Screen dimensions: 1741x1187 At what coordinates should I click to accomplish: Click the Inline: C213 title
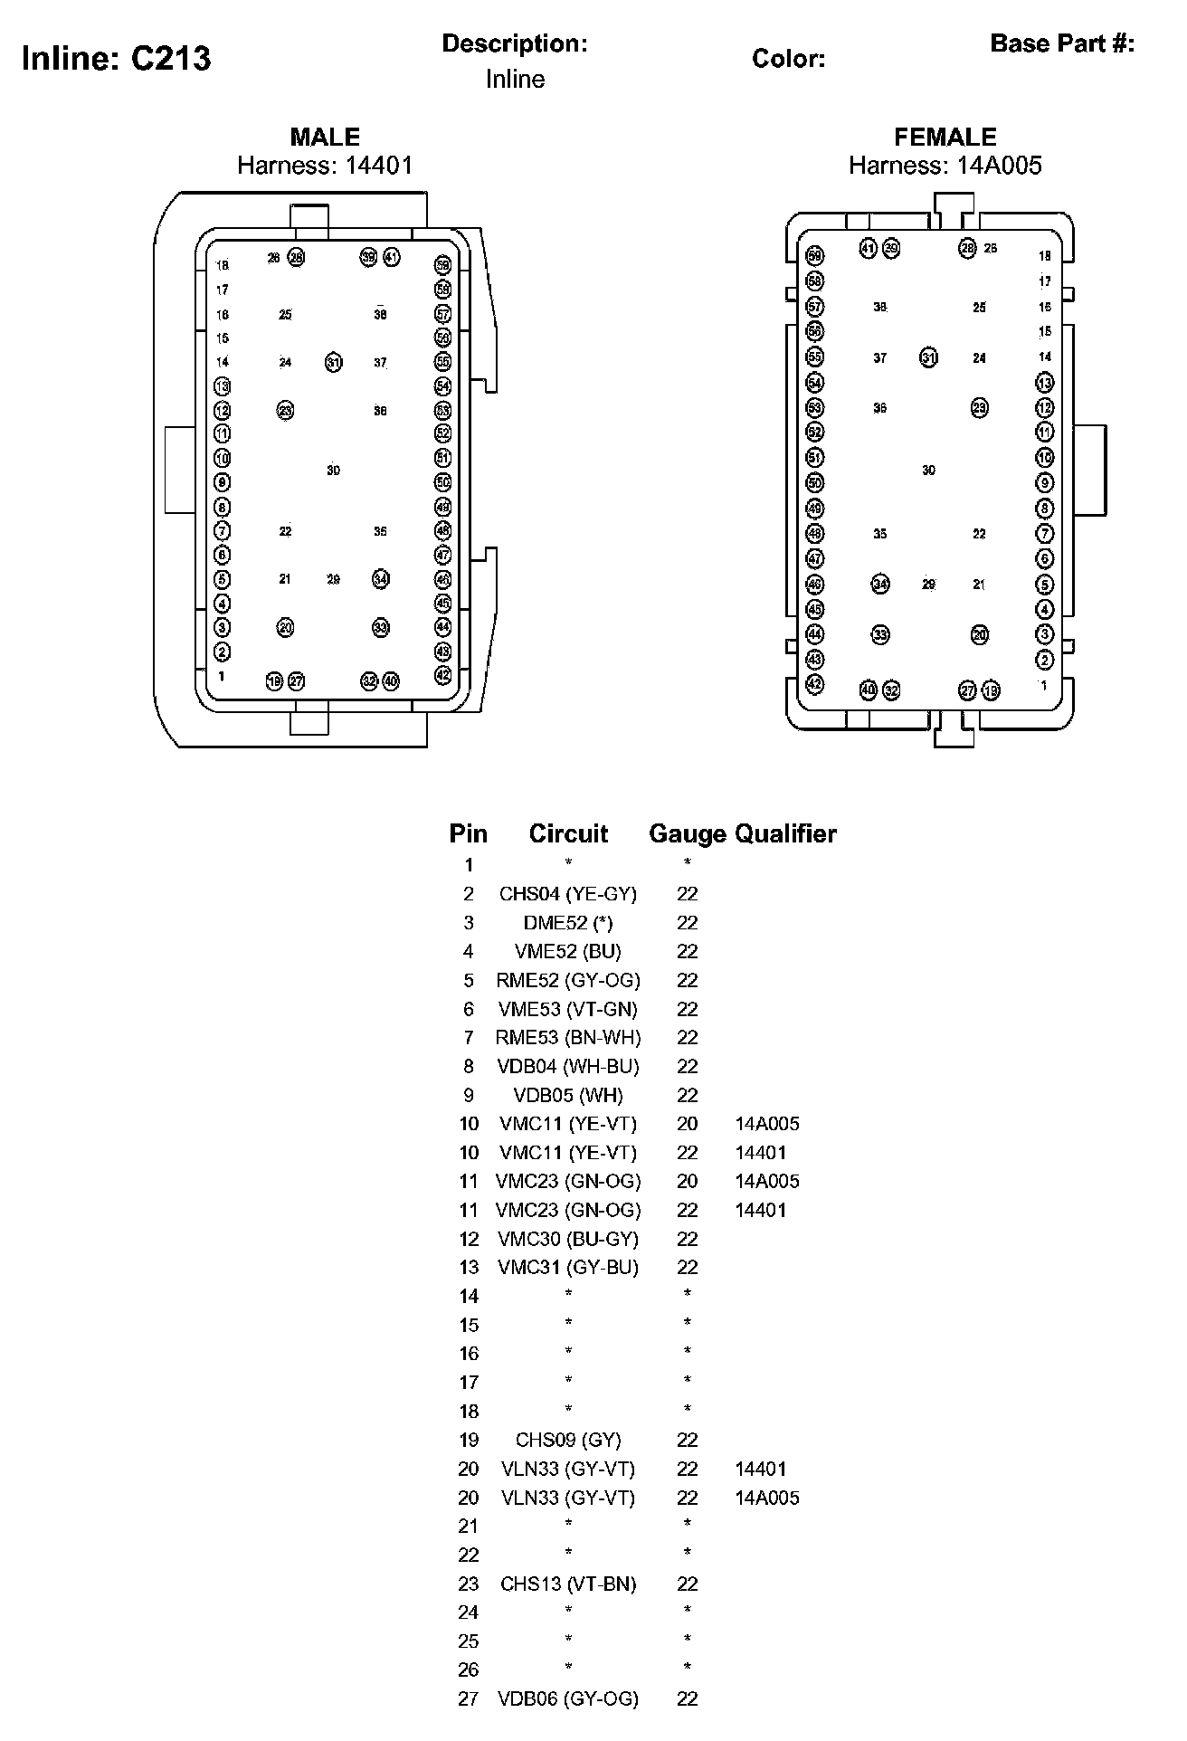pyautogui.click(x=116, y=59)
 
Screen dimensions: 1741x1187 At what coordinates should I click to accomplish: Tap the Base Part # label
pyautogui.click(x=1062, y=43)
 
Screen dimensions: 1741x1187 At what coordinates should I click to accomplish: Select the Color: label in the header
pyautogui.click(x=788, y=59)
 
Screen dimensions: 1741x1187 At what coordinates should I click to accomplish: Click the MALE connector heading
pyautogui.click(x=325, y=137)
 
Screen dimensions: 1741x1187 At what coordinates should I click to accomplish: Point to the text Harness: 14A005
pyautogui.click(x=945, y=165)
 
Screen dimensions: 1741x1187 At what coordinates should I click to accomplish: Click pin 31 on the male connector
pyautogui.click(x=334, y=363)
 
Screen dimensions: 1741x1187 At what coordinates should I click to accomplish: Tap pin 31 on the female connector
pyautogui.click(x=928, y=357)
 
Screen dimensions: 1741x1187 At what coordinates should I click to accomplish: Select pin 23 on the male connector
pyautogui.click(x=285, y=411)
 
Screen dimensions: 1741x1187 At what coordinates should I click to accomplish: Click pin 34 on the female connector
pyautogui.click(x=880, y=584)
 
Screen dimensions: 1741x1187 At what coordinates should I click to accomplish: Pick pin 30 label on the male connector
pyautogui.click(x=333, y=471)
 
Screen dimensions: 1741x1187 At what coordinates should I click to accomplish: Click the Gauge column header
pyautogui.click(x=688, y=833)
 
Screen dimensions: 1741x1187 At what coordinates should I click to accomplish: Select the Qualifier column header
pyautogui.click(x=785, y=833)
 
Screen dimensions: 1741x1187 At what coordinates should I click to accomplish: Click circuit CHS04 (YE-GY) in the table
pyautogui.click(x=567, y=894)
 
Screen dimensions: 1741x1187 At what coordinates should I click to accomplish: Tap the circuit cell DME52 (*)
pyautogui.click(x=567, y=923)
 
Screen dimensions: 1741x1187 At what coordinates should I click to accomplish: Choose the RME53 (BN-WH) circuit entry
pyautogui.click(x=567, y=1038)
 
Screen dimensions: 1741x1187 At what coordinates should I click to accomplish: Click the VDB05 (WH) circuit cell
pyautogui.click(x=567, y=1095)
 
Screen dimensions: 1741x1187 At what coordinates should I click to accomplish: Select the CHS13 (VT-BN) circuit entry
pyautogui.click(x=567, y=1584)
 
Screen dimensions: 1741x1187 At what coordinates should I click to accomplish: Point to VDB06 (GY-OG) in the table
pyautogui.click(x=567, y=1698)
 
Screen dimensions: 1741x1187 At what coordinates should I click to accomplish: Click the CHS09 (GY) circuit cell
pyautogui.click(x=567, y=1440)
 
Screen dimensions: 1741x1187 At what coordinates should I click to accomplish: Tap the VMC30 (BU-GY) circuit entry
pyautogui.click(x=567, y=1239)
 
